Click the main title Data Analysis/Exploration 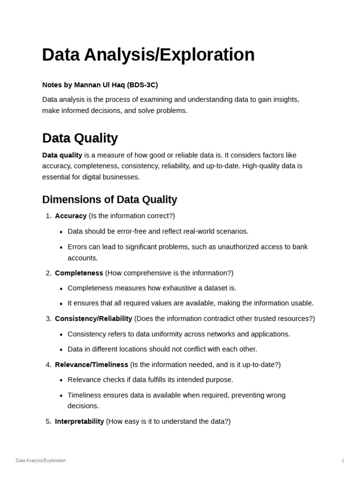tap(148, 55)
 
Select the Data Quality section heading tap(80, 138)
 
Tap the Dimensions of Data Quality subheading tap(109, 200)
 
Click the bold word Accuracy tap(71, 216)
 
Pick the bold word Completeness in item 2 tap(79, 273)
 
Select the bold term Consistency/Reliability tap(93, 319)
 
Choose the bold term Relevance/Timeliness tap(91, 365)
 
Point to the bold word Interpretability tap(79, 421)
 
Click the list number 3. tap(48, 319)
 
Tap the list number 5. tap(48, 421)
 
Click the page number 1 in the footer tap(343, 461)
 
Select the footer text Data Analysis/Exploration tap(41, 461)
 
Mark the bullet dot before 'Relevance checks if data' tap(61, 380)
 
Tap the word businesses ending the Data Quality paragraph tap(120, 177)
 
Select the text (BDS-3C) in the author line tap(142, 85)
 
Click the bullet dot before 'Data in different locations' tap(61, 350)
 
